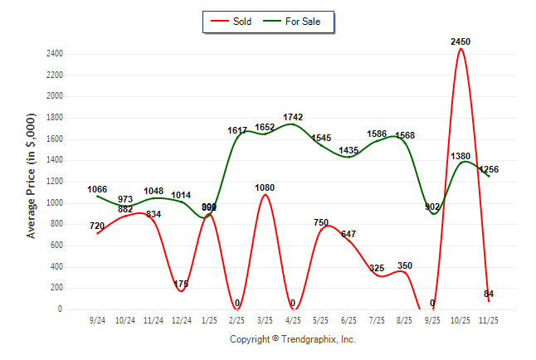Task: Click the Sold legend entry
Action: point(232,21)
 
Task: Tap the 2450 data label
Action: point(461,41)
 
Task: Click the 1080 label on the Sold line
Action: point(265,188)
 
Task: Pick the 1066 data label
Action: point(98,190)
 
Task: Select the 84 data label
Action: point(488,294)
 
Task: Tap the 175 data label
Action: point(182,285)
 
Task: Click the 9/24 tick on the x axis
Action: point(98,319)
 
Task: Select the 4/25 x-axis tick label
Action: point(293,319)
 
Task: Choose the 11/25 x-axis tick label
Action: point(489,319)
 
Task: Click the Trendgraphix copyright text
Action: point(292,339)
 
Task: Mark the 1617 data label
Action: point(237,130)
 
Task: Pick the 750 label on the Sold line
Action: point(321,222)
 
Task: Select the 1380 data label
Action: point(460,156)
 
